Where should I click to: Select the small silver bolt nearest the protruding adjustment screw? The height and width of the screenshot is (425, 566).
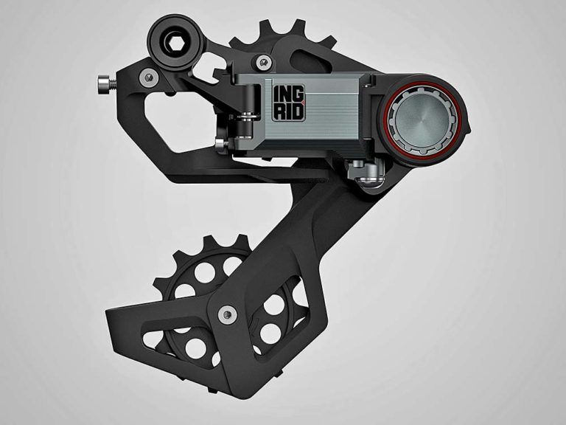(x=150, y=76)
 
